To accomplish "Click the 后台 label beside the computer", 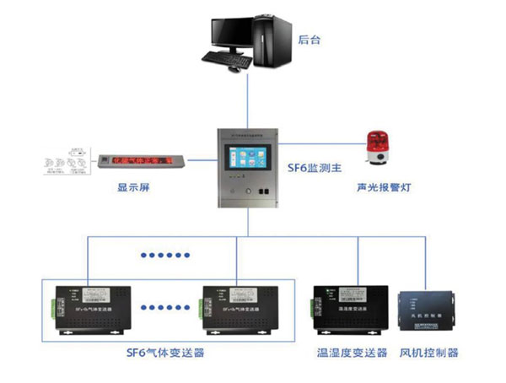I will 310,39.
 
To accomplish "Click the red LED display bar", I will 139,159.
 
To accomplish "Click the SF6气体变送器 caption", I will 166,352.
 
